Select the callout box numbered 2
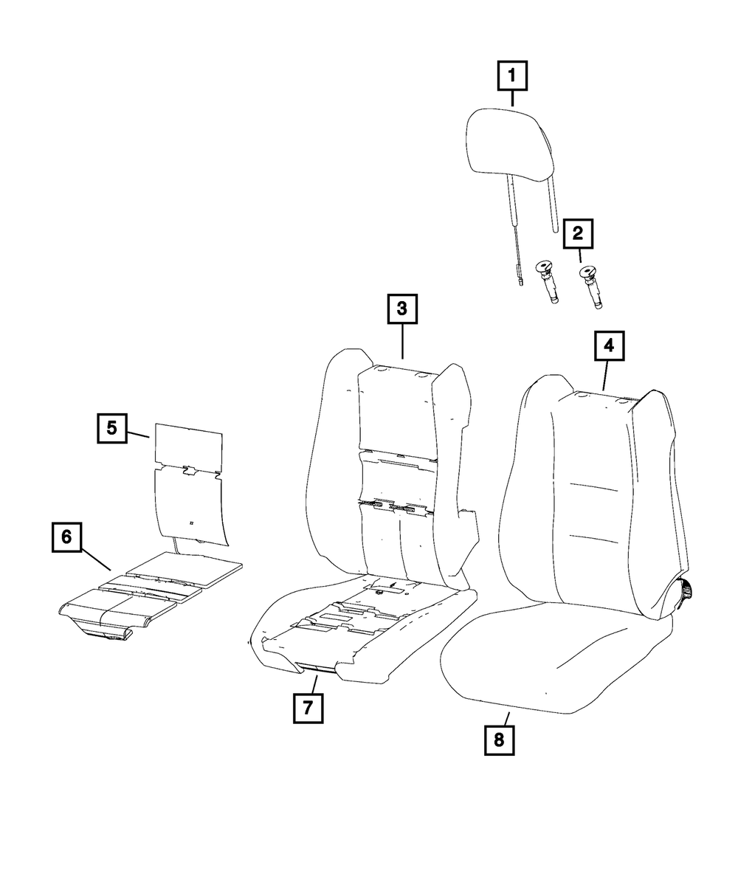click(x=578, y=235)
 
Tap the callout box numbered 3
click(x=402, y=310)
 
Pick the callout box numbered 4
click(x=609, y=345)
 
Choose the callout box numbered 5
click(x=111, y=428)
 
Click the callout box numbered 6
click(x=66, y=537)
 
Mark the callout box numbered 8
click(x=499, y=740)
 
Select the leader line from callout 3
click(x=402, y=342)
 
